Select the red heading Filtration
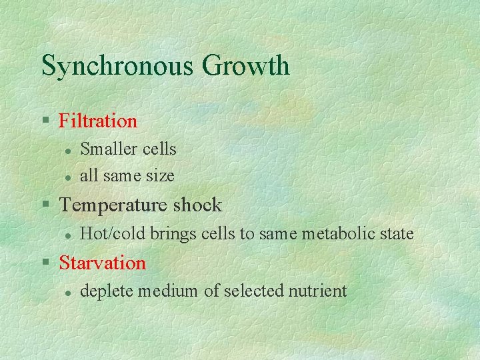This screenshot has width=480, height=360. click(x=98, y=121)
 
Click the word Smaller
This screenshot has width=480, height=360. click(x=105, y=149)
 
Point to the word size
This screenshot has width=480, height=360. click(x=161, y=176)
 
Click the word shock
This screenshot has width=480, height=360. click(x=197, y=205)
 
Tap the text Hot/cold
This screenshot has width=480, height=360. click(x=105, y=234)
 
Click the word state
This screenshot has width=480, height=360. click(x=394, y=234)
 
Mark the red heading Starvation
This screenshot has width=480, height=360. click(x=102, y=263)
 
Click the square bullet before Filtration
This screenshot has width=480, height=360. click(x=46, y=121)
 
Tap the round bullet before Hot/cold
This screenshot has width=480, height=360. click(x=67, y=235)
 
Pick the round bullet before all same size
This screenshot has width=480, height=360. click(x=67, y=177)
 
